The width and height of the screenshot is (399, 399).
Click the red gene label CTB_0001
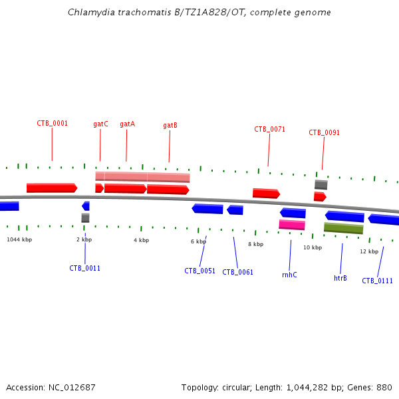[52, 123]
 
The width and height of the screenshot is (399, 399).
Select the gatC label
[100, 124]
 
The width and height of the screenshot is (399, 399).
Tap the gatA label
[127, 124]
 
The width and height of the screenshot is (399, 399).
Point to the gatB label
[170, 125]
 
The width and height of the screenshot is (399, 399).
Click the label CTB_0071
[269, 129]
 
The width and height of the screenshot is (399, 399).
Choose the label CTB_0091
[324, 132]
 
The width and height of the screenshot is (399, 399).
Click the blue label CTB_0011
[84, 268]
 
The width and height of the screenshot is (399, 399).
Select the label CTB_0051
[199, 271]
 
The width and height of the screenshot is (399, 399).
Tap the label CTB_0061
[237, 272]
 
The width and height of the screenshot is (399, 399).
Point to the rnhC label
[289, 275]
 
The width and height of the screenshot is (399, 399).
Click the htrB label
[340, 278]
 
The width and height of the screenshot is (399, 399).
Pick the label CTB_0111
[377, 281]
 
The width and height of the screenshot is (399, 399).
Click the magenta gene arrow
[292, 225]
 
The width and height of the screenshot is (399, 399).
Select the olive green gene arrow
[343, 228]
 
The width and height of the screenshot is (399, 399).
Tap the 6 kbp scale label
[198, 241]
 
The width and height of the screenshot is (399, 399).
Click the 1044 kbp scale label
[19, 239]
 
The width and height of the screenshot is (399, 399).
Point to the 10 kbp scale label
[313, 247]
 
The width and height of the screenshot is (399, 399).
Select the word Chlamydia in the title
[90, 13]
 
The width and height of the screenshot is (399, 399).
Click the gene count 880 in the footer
[384, 387]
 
